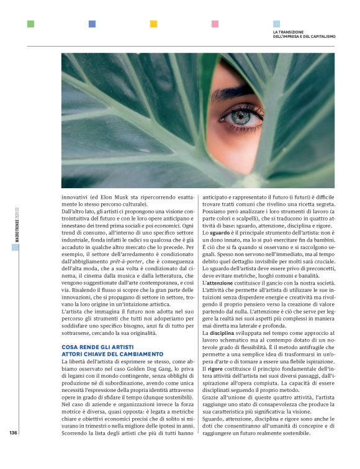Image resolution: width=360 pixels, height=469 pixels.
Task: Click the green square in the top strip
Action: coord(30,24)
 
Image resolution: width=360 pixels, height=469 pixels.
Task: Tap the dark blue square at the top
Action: coord(92,24)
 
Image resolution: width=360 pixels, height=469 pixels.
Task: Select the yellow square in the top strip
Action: coord(153,24)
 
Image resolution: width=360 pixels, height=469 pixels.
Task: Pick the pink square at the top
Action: coord(215,24)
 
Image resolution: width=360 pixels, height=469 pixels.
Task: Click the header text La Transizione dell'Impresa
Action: coord(304,34)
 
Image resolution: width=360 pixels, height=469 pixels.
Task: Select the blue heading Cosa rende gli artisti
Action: coord(99,348)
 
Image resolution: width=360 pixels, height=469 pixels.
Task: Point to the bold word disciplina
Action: coord(222,334)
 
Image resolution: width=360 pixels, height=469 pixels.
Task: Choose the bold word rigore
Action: coord(217,369)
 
